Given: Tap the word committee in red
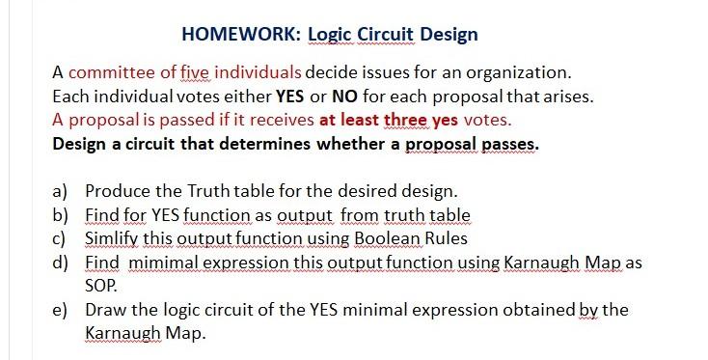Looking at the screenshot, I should (x=113, y=73).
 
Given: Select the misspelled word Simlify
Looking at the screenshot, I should (x=113, y=238).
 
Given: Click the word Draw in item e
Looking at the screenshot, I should (x=105, y=310).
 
